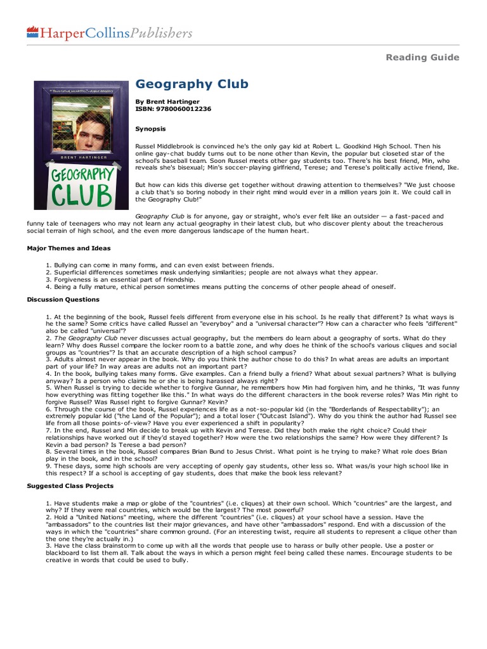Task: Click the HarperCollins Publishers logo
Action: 109,33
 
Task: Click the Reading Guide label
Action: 422,58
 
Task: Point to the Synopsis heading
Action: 150,129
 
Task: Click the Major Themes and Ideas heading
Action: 68,248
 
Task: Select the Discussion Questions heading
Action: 63,299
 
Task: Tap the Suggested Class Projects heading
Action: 70,486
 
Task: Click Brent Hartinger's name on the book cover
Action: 75,155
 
